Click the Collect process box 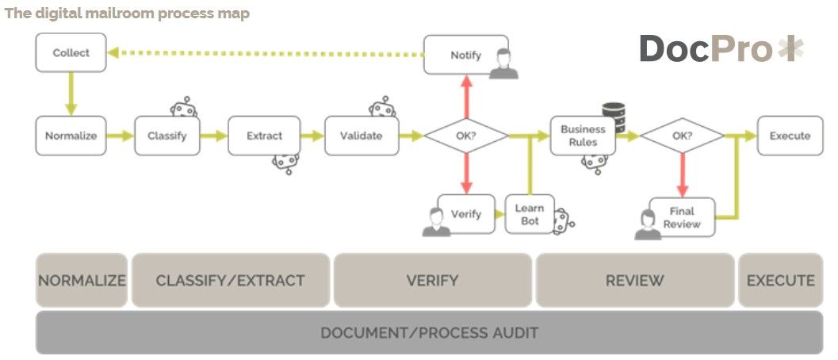(71, 53)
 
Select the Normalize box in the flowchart (71, 136)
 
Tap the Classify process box (166, 136)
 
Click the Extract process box (264, 136)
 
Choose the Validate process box (361, 136)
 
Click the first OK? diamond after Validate (465, 136)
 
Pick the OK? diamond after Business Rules (682, 136)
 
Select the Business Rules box (583, 136)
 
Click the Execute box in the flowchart (790, 136)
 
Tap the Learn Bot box (530, 214)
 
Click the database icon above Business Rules (614, 116)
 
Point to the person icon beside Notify (503, 64)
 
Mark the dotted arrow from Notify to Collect (266, 54)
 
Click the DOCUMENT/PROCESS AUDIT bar (429, 332)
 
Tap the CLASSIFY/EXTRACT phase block (230, 280)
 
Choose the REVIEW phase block (634, 280)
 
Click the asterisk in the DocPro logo (790, 49)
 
